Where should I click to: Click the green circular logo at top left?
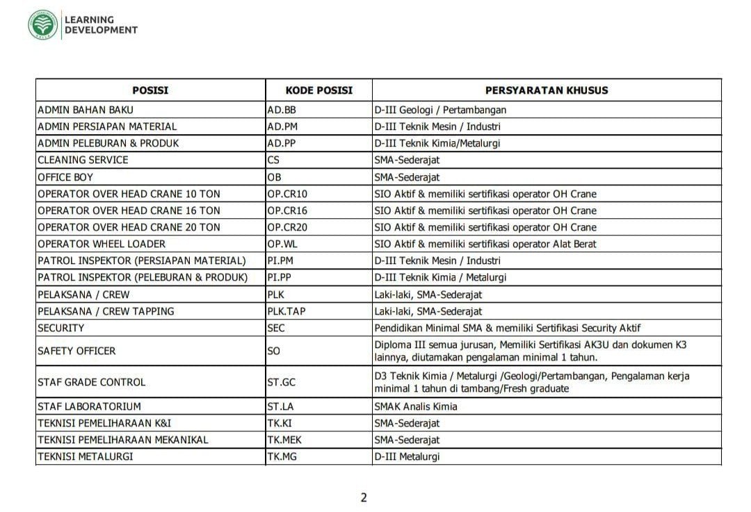[43, 25]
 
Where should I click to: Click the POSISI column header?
[150, 90]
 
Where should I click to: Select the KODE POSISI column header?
[319, 90]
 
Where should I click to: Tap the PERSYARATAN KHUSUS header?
[547, 90]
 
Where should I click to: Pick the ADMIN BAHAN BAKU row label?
[86, 110]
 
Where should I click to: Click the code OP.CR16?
[286, 210]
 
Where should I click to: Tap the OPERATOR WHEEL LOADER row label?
[102, 244]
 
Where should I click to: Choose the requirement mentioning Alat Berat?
[485, 244]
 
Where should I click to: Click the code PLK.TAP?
[287, 311]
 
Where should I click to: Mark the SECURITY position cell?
[61, 328]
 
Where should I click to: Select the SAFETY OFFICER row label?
[76, 352]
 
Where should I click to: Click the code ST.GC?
[281, 382]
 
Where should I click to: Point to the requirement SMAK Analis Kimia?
[416, 406]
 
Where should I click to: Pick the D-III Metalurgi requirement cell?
[407, 456]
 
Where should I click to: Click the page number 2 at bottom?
[364, 497]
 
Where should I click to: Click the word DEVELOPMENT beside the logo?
[101, 30]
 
